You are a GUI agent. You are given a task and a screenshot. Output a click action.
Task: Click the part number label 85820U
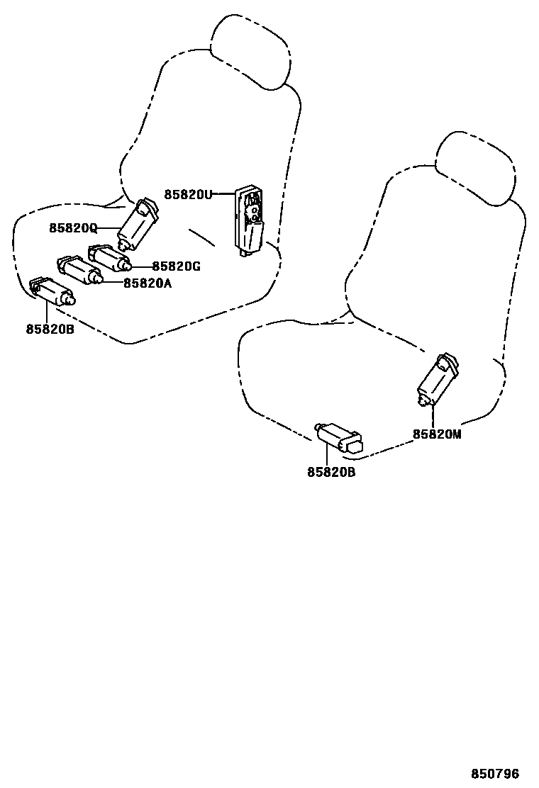click(x=188, y=193)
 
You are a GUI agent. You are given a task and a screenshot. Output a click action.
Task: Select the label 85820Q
click(x=73, y=227)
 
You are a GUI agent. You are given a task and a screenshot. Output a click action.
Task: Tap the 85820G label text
click(x=177, y=266)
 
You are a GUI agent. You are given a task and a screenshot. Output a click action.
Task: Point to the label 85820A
click(x=148, y=283)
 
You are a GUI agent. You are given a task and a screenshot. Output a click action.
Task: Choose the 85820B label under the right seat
click(x=331, y=471)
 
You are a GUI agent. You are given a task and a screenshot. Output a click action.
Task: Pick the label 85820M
click(x=437, y=434)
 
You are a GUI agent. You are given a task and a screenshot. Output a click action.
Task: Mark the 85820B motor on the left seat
click(x=52, y=291)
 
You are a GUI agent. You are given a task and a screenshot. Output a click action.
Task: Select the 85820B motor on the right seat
click(x=340, y=437)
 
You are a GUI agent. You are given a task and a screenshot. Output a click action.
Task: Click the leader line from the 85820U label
click(x=224, y=193)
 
